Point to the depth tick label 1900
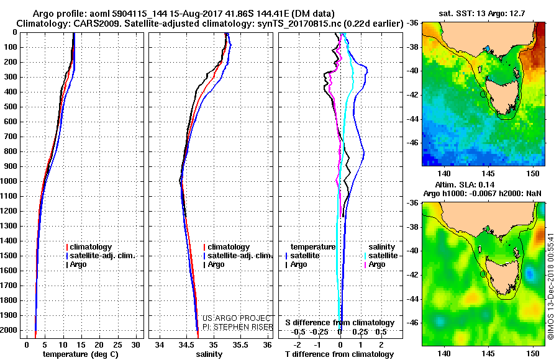10,315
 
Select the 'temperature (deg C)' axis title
81,354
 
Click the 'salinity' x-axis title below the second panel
209,354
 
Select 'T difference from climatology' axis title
339,354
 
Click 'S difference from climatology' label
339,323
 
